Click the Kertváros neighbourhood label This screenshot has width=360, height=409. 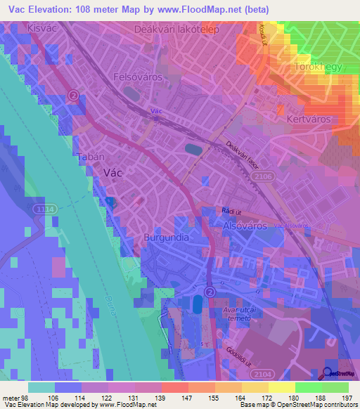pyautogui.click(x=309, y=119)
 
